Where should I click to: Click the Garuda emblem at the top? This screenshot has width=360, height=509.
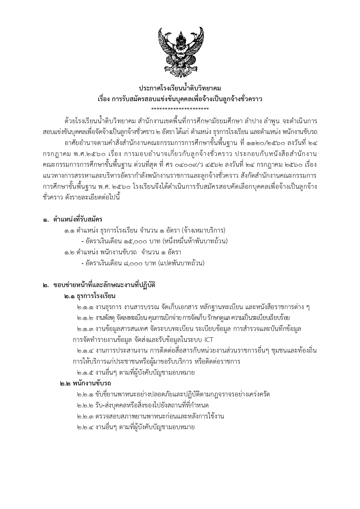180,52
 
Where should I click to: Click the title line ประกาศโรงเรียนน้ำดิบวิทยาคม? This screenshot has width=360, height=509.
180,88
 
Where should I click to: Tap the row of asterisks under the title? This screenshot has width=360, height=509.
180,109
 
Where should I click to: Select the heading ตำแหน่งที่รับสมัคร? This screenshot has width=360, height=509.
77,219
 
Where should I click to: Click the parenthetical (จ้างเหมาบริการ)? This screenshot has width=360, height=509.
203,231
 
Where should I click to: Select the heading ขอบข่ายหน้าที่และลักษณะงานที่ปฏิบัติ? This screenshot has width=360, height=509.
104,285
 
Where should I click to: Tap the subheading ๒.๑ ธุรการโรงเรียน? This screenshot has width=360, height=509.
90,296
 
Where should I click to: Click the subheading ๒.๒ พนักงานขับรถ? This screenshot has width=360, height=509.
86,383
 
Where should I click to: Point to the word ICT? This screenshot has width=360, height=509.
209,340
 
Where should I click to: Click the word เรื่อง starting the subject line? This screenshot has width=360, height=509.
103,99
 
